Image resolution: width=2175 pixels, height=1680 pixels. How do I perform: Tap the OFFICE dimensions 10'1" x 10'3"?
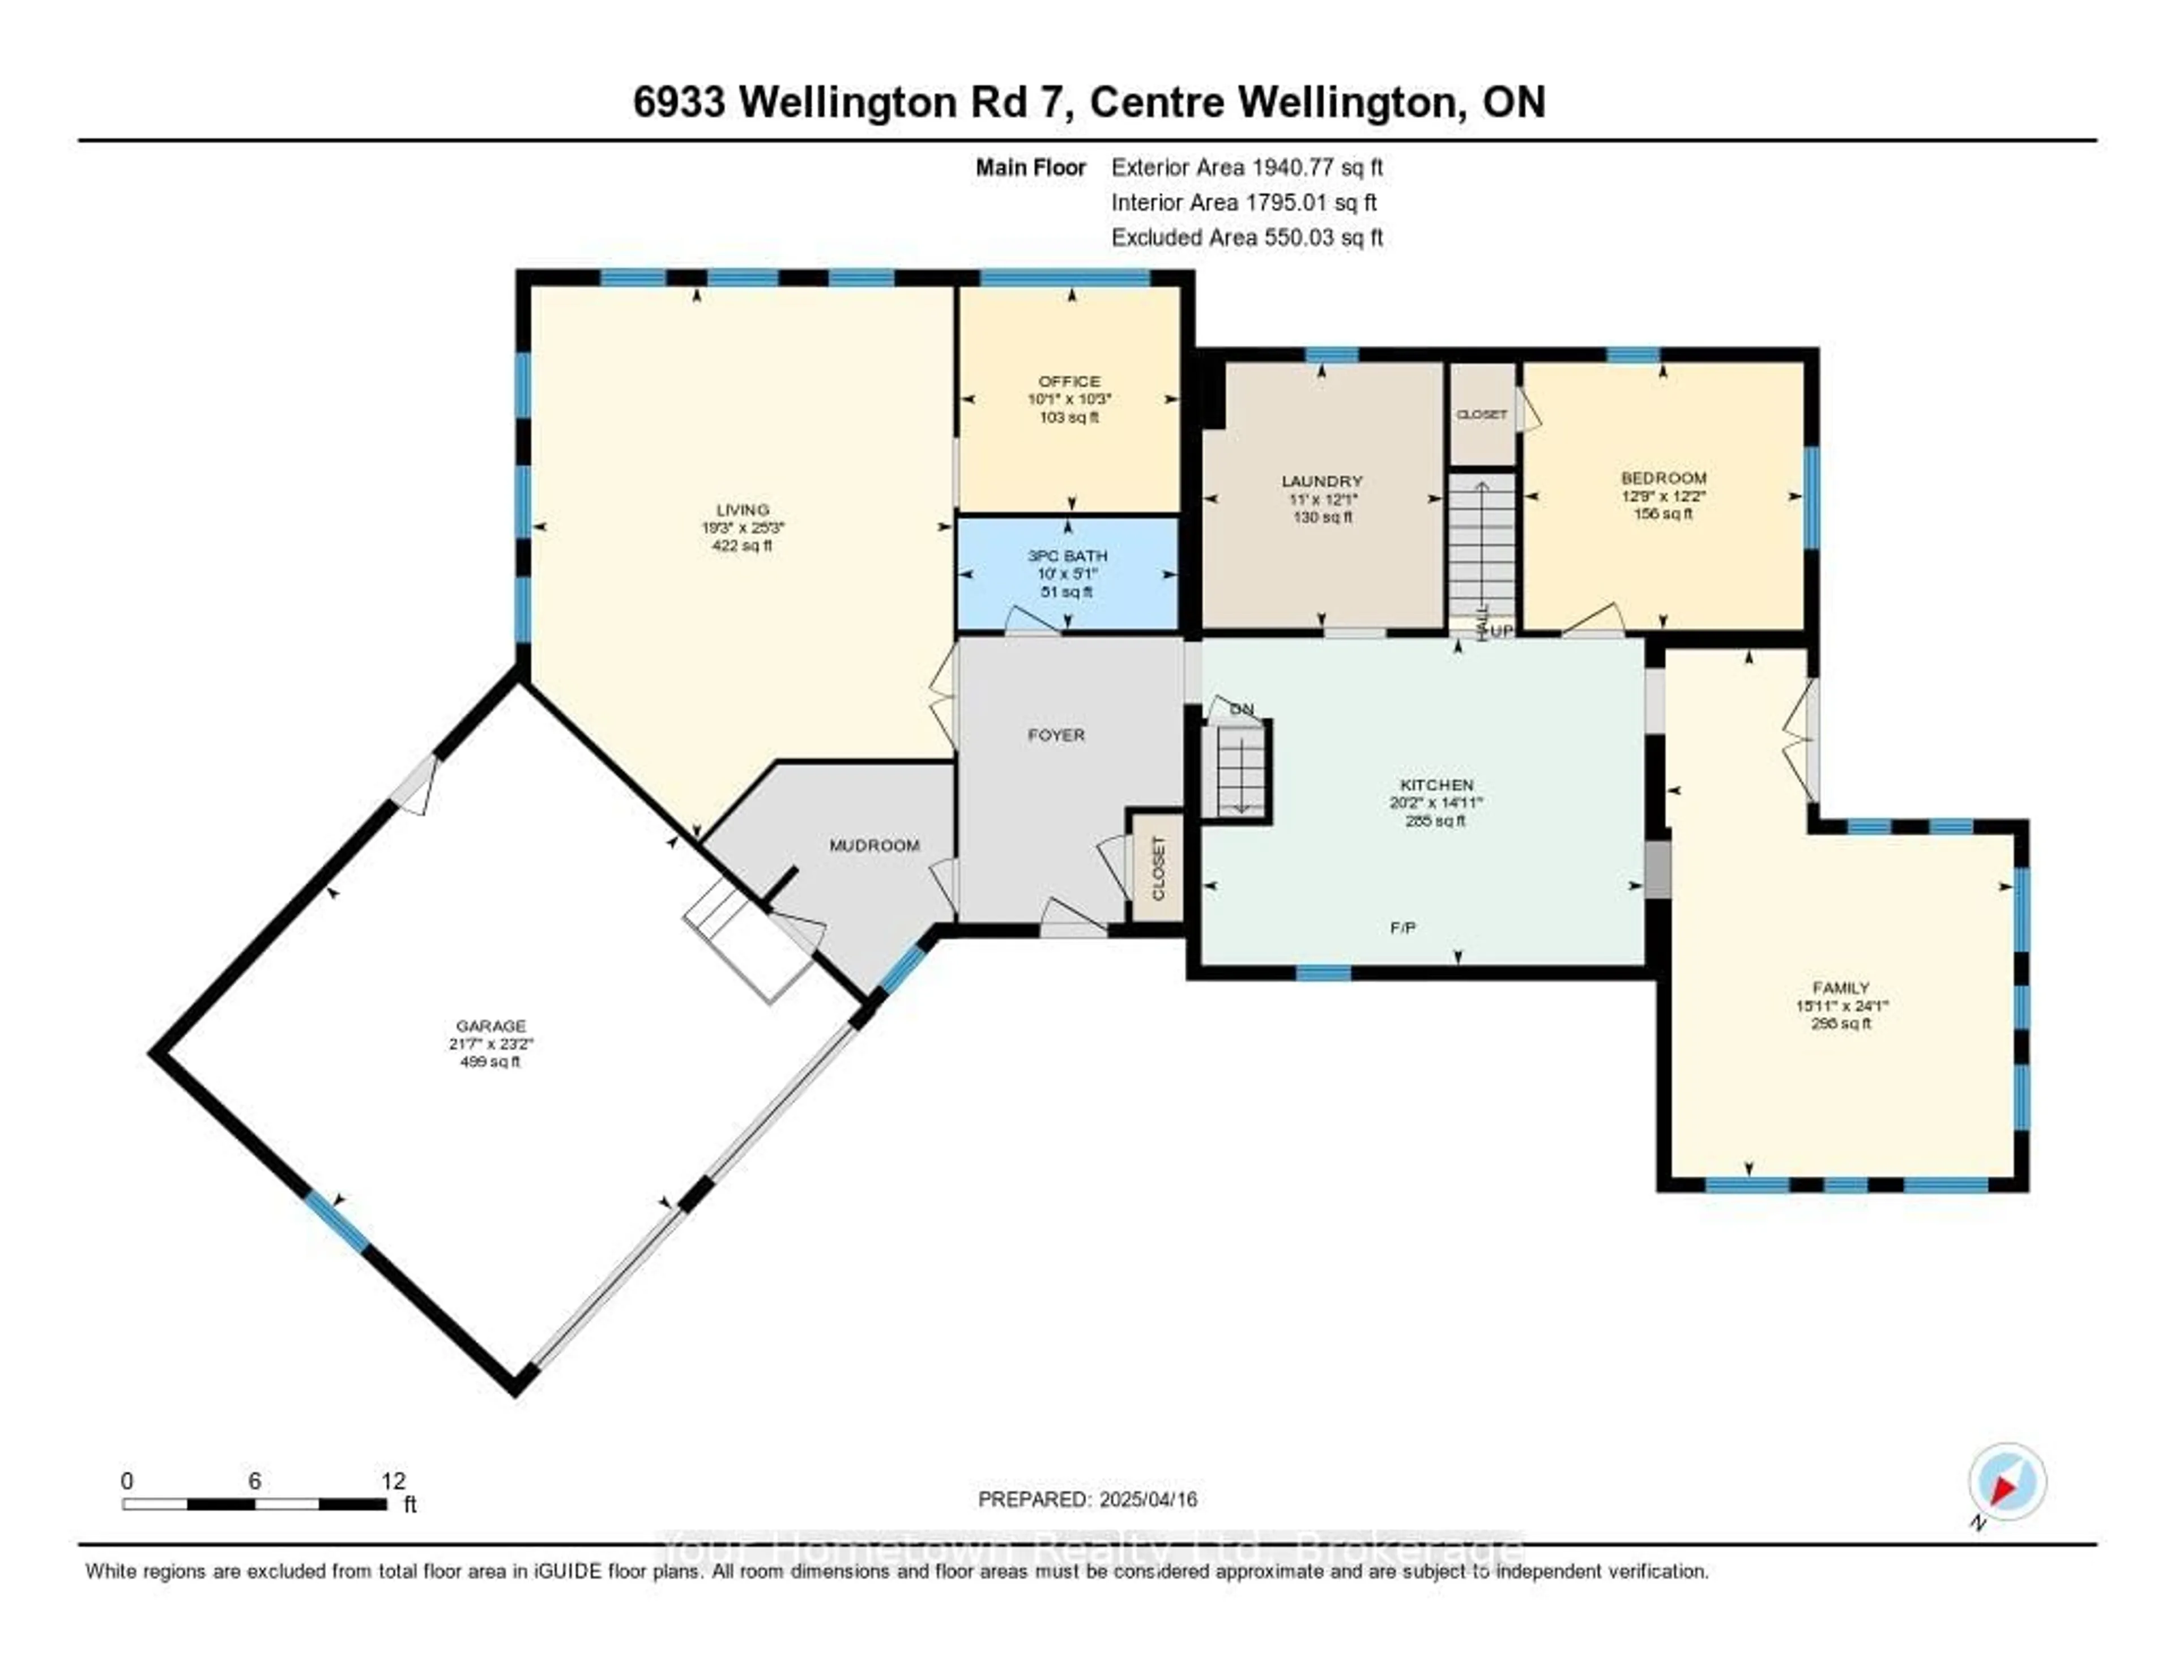(1069, 398)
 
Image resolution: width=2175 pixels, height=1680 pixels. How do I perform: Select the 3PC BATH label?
(1068, 556)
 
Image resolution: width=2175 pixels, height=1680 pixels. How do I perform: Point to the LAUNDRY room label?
(1321, 481)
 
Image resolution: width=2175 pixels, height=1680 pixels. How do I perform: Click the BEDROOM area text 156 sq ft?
(1662, 514)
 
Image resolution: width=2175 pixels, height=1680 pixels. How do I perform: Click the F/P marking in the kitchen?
(1402, 927)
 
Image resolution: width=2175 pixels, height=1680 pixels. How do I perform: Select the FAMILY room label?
(1840, 988)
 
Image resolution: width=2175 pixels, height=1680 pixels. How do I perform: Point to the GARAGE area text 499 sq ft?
(490, 1061)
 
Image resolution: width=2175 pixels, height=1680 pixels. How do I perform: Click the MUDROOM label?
(875, 846)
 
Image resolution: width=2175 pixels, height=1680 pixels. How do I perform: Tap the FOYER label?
(1056, 735)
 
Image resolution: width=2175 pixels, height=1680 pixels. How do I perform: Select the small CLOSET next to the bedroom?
(1481, 414)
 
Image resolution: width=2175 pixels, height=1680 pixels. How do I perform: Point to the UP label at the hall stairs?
(1502, 632)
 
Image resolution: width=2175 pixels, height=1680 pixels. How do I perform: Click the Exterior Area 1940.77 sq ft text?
(1247, 167)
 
